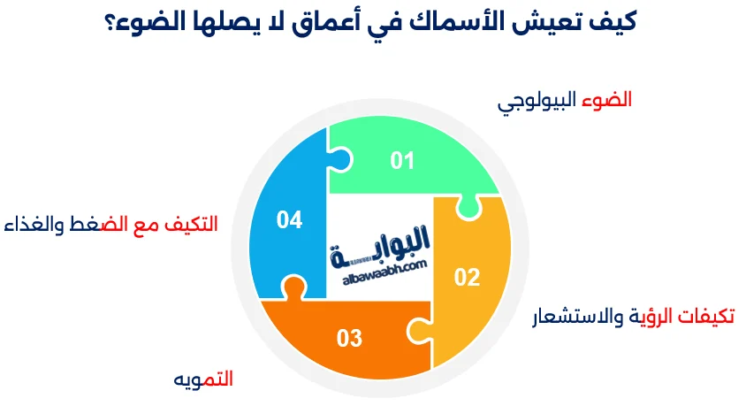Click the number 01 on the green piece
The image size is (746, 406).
pyautogui.click(x=402, y=160)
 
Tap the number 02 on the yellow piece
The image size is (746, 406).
pyautogui.click(x=467, y=277)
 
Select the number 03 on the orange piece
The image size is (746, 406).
pyautogui.click(x=349, y=338)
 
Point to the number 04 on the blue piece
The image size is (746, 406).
pyautogui.click(x=289, y=219)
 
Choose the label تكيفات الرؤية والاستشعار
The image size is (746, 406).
pyautogui.click(x=633, y=316)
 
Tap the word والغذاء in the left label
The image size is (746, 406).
pyautogui.click(x=34, y=225)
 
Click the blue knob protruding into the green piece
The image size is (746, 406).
pyautogui.click(x=340, y=160)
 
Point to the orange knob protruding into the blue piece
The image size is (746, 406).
pyautogui.click(x=289, y=287)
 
